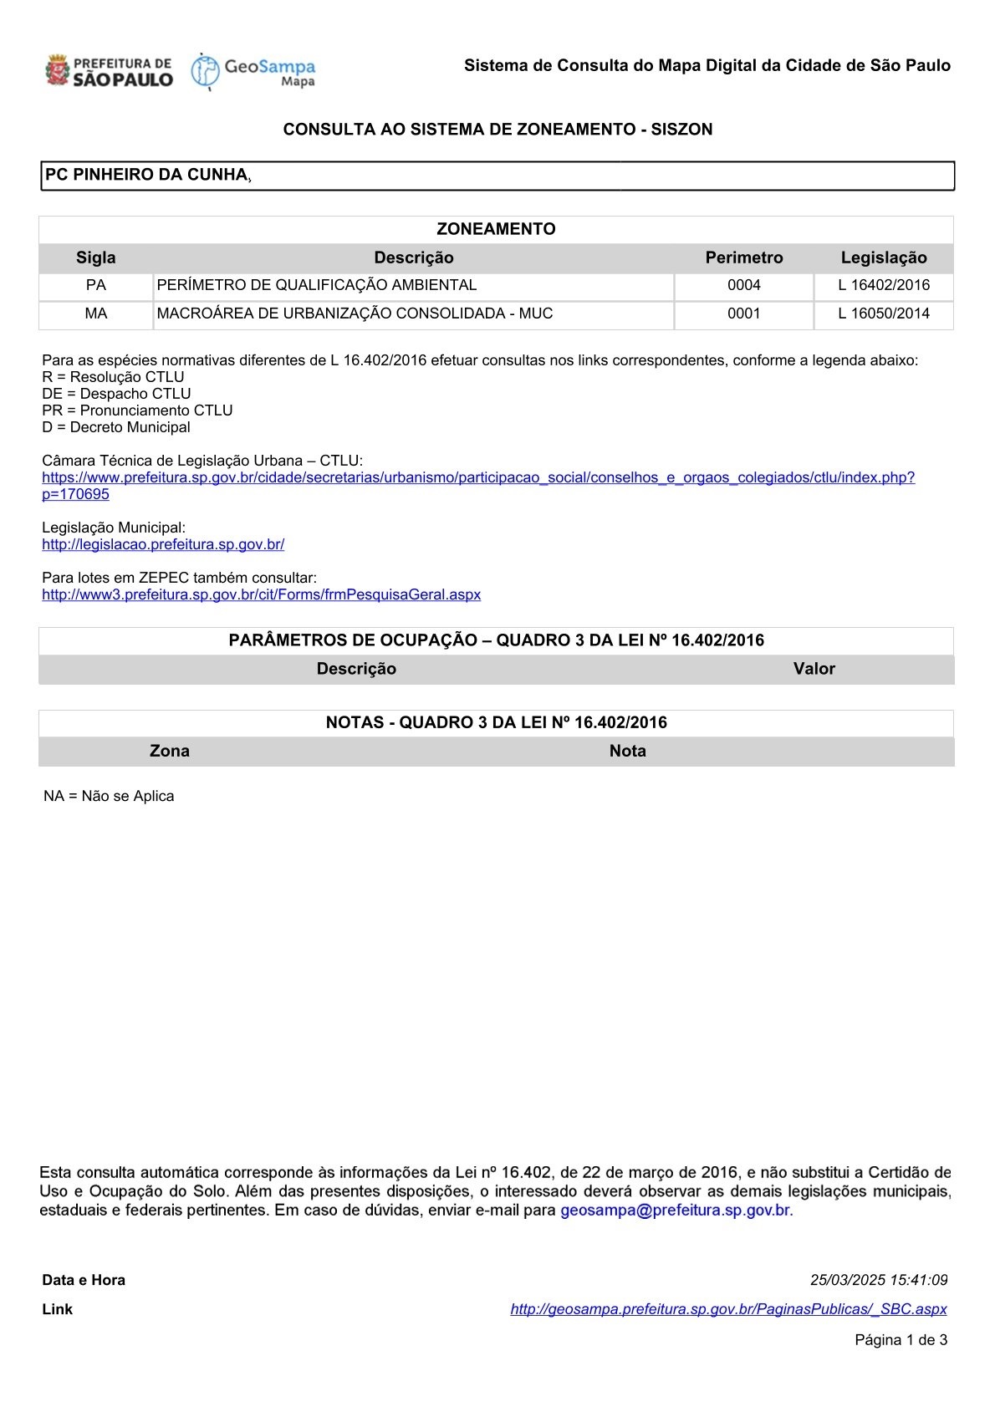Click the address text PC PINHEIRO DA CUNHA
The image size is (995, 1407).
point(146,175)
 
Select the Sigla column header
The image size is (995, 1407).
point(96,257)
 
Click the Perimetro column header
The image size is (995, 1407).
point(744,257)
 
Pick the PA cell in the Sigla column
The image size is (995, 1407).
point(96,285)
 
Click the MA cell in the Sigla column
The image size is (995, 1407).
point(96,314)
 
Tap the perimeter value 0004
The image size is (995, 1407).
point(744,285)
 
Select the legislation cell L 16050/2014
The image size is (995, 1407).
point(884,314)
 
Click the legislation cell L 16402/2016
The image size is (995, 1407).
point(884,285)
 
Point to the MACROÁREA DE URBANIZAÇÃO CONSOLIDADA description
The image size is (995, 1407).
point(355,314)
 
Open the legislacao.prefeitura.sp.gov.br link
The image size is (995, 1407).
point(163,544)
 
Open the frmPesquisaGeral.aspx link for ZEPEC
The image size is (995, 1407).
point(261,594)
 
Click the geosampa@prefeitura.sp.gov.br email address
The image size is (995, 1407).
point(675,1210)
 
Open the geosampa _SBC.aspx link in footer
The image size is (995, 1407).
point(728,1309)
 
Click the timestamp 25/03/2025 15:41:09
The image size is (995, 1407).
point(879,1280)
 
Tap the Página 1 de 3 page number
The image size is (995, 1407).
point(901,1340)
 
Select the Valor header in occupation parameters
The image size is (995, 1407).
point(814,669)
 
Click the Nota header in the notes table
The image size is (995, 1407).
point(627,751)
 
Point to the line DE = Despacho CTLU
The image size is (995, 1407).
point(116,394)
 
